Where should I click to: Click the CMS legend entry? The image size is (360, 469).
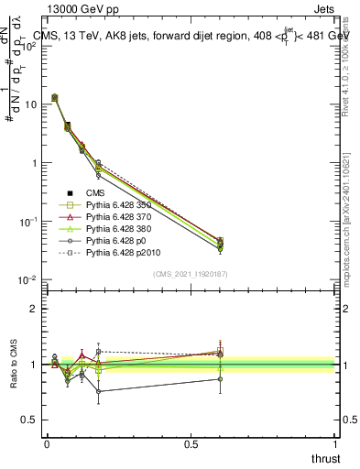(96, 192)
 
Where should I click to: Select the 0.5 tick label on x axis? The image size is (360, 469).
(191, 443)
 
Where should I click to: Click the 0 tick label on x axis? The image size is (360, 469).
(47, 443)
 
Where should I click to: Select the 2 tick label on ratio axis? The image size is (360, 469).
(37, 309)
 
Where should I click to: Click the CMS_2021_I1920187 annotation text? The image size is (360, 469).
(191, 274)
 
